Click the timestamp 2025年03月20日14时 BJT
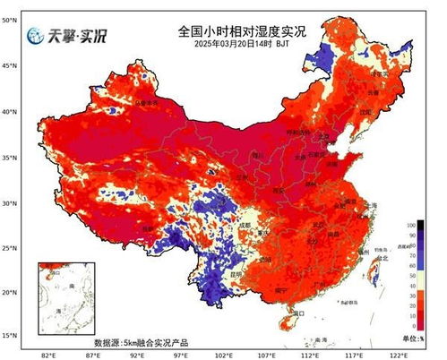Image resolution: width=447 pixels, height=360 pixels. pos(241,45)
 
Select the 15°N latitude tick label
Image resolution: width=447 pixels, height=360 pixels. pos(10,336)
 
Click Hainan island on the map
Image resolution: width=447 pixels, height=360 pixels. pos(289,317)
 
